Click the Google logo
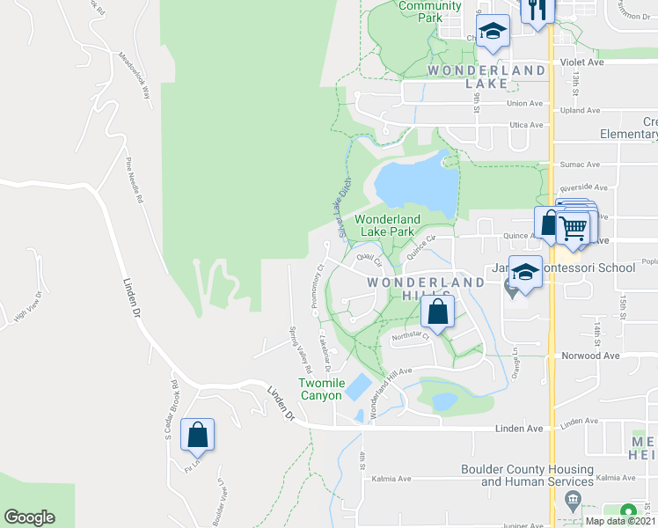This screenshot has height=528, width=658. [x=29, y=517]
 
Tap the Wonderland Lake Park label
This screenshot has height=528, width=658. [x=387, y=225]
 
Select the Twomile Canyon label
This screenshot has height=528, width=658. [x=320, y=389]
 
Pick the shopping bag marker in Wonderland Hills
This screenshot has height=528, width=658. [x=437, y=312]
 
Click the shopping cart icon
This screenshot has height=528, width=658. [x=574, y=227]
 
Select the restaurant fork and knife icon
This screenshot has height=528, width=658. [x=534, y=11]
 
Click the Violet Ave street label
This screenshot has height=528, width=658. [x=581, y=63]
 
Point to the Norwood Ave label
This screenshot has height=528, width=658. [x=591, y=356]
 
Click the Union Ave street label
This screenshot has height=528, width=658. [x=524, y=103]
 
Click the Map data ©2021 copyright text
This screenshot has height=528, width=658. [x=620, y=521]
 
